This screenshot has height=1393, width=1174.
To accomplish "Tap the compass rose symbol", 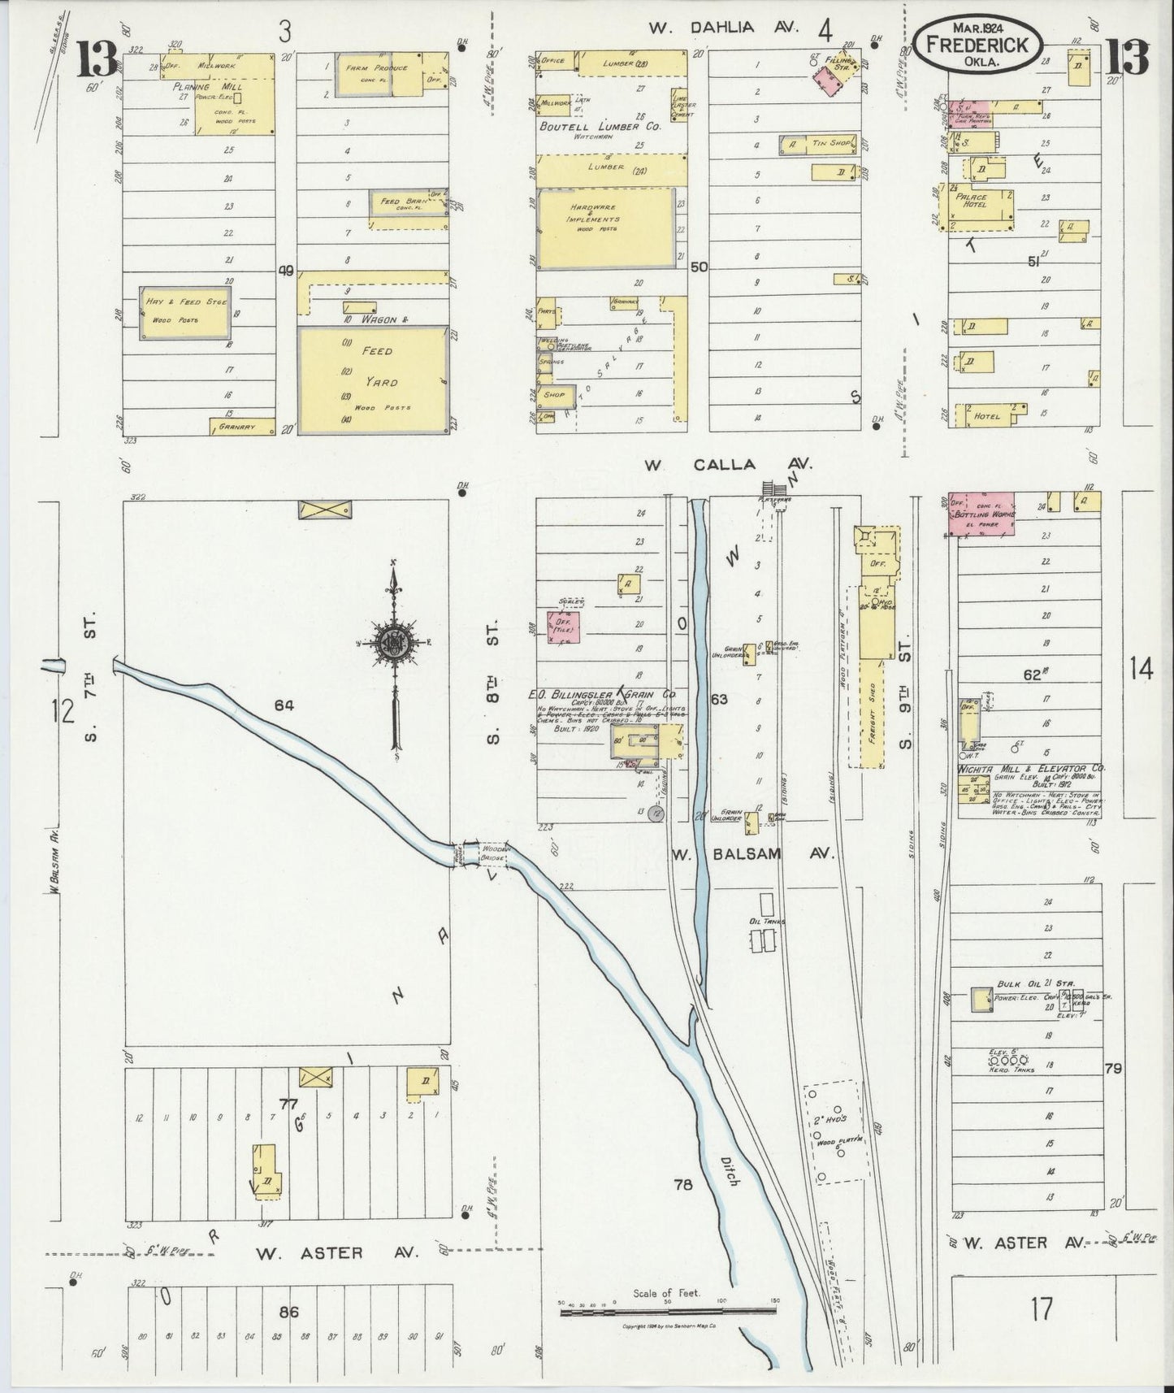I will (393, 642).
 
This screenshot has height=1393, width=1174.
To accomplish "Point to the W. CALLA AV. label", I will (728, 465).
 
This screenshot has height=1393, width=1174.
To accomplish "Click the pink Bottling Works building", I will (982, 514).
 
